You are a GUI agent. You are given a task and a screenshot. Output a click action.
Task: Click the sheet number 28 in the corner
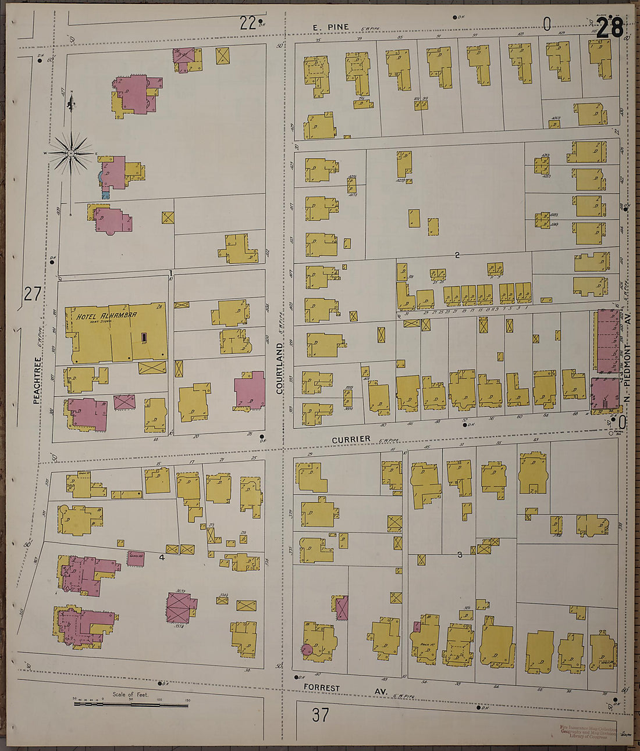610,27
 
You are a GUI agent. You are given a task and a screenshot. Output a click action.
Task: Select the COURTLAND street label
279,368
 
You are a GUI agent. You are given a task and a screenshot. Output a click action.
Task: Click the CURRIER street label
351,439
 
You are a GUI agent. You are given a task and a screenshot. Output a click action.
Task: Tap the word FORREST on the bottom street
321,688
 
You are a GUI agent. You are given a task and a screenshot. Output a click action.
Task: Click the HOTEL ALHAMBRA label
106,315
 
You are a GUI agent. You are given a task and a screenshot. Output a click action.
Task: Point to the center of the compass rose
70,153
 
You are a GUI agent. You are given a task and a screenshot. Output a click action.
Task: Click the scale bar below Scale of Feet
130,704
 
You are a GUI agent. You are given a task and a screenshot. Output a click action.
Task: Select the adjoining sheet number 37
320,714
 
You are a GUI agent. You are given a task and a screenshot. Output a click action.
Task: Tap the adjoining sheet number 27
33,294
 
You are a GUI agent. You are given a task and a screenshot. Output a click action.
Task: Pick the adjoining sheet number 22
248,23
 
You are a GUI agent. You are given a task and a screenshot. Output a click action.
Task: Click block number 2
457,255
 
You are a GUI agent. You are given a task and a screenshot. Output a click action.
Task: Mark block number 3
459,555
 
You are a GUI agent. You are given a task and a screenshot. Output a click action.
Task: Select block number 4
162,557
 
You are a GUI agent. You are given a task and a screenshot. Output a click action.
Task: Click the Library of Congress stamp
588,732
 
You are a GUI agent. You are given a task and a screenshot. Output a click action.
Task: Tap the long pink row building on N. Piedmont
607,341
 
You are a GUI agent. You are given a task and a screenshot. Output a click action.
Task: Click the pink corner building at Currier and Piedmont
605,395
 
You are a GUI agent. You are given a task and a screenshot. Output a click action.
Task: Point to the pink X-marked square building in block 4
182,607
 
